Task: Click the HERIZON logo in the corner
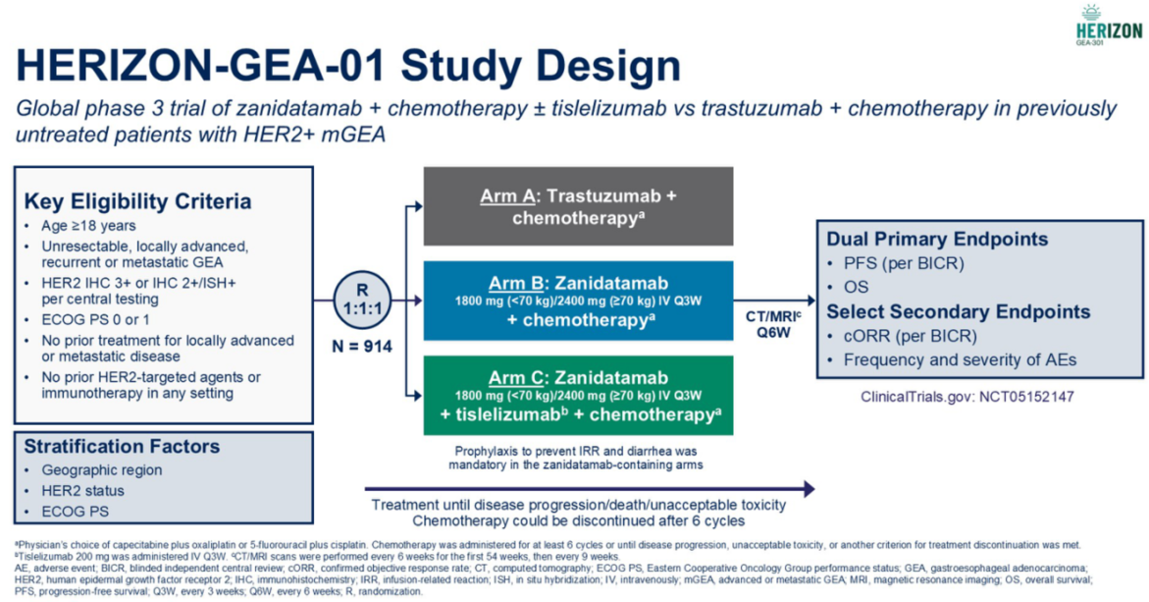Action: (1109, 25)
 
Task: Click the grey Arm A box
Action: (578, 206)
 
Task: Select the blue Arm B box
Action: (578, 301)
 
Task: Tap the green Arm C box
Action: (578, 395)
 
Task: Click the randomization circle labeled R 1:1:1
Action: (362, 300)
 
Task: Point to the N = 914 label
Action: (362, 346)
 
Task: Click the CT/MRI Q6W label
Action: (774, 324)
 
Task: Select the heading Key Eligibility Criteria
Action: (137, 201)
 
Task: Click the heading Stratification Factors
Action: (122, 447)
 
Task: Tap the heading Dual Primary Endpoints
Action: (937, 239)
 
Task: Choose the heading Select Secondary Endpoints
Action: (959, 311)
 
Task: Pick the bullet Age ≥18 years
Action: (88, 226)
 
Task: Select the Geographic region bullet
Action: (102, 470)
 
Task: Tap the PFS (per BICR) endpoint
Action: (904, 263)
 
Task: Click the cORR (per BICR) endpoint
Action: (911, 336)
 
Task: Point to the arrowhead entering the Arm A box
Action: (418, 207)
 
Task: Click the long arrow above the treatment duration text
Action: (590, 489)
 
